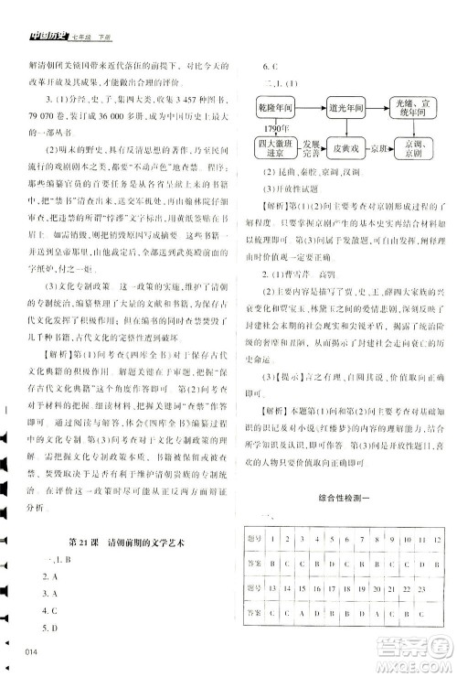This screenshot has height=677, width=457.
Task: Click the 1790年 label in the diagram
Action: coord(264,130)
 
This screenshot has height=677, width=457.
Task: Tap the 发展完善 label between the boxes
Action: coord(308,149)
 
